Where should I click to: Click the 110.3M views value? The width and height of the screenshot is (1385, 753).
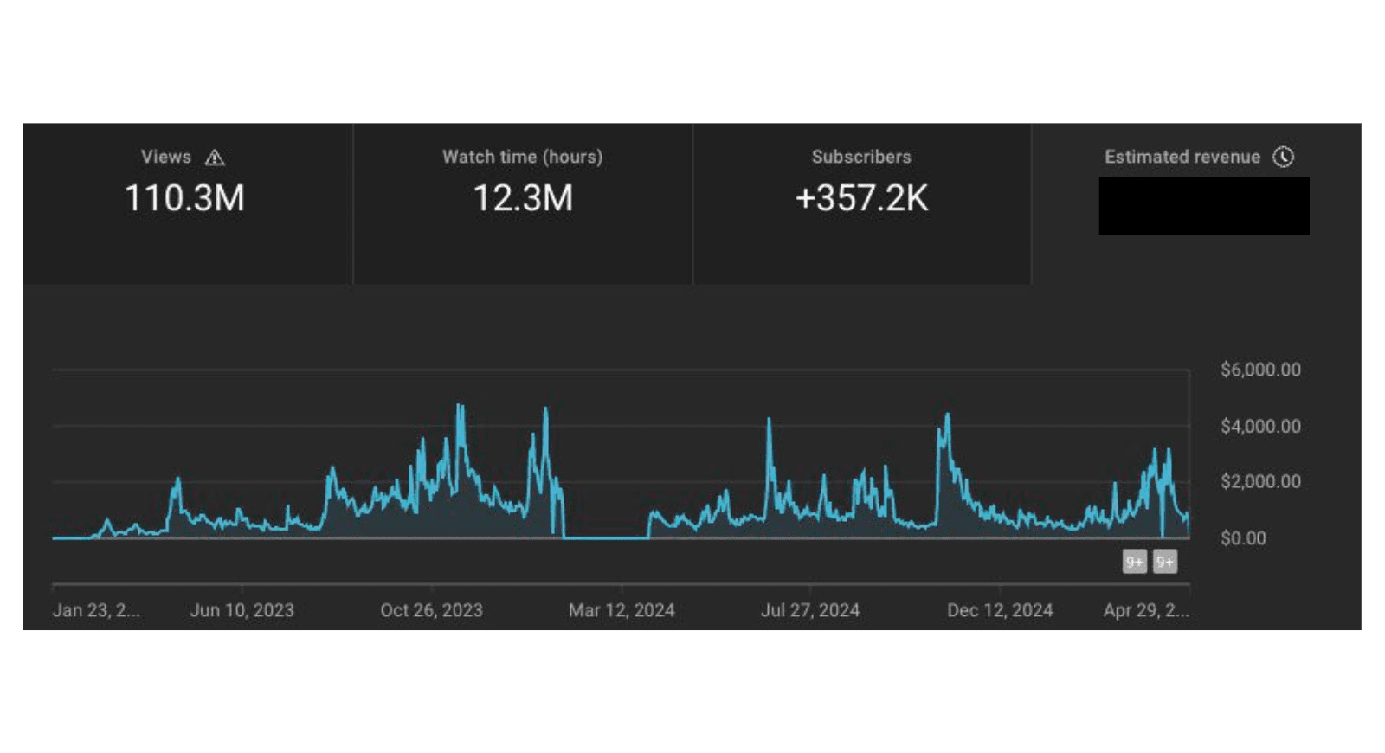(184, 198)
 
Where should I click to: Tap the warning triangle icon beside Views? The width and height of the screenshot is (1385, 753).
(215, 158)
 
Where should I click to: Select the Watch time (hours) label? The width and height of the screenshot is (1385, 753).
(522, 157)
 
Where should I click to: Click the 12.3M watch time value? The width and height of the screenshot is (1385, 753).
(523, 198)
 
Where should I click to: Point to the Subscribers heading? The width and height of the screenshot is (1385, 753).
(861, 157)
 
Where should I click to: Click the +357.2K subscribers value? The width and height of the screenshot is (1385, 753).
(861, 198)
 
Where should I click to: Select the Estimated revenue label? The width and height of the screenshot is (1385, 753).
(1182, 157)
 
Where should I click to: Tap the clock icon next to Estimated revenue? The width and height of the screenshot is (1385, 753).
(1283, 157)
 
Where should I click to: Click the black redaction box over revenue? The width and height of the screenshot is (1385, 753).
(1204, 206)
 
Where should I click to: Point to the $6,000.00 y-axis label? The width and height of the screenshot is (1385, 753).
(1260, 370)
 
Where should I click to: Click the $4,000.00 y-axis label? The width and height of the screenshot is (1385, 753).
(1260, 426)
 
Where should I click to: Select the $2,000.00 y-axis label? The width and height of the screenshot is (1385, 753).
(1260, 481)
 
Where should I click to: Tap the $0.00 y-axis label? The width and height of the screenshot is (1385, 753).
(1243, 538)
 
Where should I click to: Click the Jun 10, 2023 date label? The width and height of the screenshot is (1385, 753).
(242, 610)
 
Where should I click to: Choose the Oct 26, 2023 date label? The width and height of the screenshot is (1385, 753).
(431, 610)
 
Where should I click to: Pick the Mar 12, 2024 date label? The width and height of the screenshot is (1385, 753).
(622, 610)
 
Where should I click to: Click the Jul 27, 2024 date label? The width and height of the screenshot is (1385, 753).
(810, 610)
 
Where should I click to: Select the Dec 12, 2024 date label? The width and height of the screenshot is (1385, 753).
(1000, 610)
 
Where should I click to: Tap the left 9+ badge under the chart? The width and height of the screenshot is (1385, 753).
(1134, 563)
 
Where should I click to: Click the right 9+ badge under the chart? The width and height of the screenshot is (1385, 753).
(1165, 563)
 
